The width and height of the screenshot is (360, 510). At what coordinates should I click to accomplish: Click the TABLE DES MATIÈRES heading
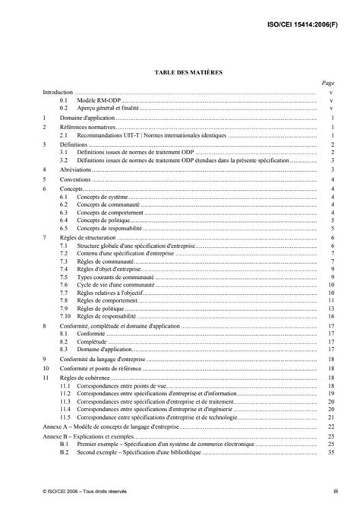tap(179, 71)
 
